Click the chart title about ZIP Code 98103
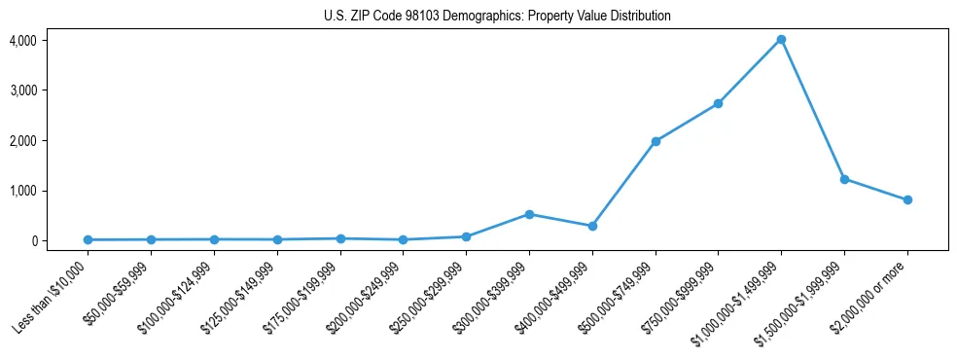pos(497,17)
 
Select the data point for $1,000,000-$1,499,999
pos(781,40)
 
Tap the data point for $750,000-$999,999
pos(718,103)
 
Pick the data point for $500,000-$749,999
pos(656,141)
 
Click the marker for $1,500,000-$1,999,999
pos(844,179)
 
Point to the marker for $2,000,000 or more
pos(907,199)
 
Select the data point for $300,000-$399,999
pos(529,214)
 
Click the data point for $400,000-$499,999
pos(592,226)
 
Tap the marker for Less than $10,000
pos(89,239)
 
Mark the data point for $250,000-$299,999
pos(466,236)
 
